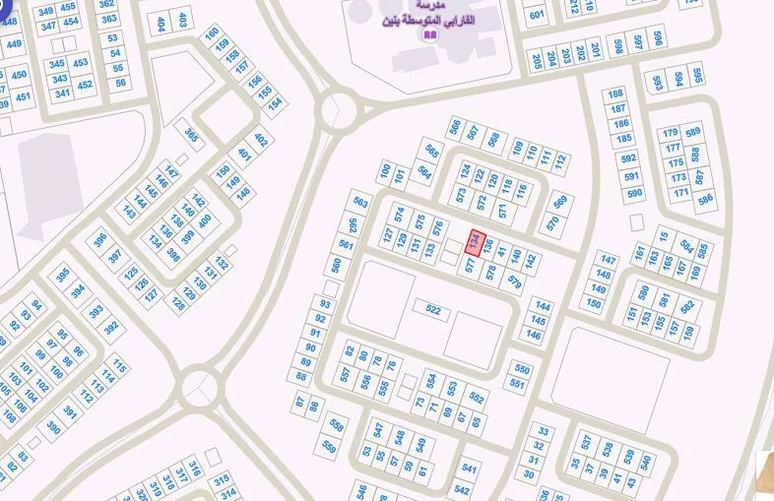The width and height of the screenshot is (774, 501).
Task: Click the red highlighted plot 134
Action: click(x=476, y=242)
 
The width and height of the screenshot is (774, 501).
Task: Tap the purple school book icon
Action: click(x=428, y=35)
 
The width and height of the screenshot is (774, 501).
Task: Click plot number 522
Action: click(x=432, y=309)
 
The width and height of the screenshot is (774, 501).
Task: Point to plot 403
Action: click(x=182, y=20)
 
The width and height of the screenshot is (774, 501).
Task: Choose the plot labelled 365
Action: click(x=192, y=136)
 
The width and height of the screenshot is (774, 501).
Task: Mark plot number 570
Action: click(x=552, y=222)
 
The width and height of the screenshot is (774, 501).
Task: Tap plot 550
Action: click(x=521, y=370)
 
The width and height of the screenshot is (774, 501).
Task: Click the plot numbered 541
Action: click(x=469, y=470)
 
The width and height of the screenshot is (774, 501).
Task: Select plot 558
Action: click(x=337, y=424)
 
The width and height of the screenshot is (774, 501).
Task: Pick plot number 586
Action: click(x=705, y=199)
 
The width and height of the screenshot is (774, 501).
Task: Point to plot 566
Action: click(x=455, y=126)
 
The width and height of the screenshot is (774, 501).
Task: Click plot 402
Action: click(x=261, y=140)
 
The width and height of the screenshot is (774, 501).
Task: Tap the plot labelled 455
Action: click(x=68, y=8)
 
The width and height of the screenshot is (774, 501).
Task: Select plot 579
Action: click(x=514, y=282)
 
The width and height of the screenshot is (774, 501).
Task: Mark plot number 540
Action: click(x=646, y=461)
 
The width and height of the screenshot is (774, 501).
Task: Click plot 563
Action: click(x=359, y=203)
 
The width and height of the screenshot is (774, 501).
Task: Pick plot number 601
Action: click(x=537, y=15)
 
